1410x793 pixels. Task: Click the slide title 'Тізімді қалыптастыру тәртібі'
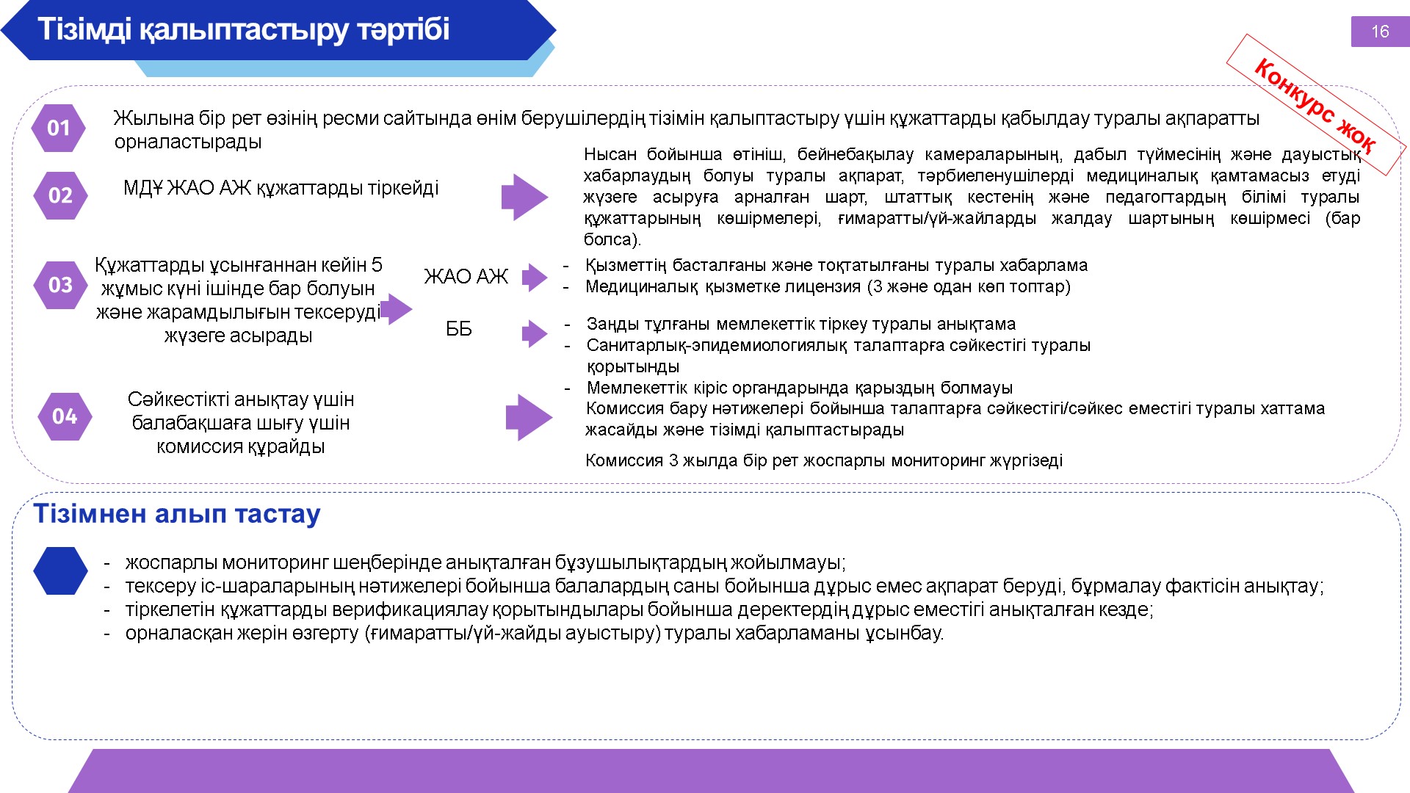[x=243, y=29]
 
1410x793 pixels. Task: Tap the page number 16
[x=1380, y=32]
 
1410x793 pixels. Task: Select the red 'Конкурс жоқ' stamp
[x=1315, y=104]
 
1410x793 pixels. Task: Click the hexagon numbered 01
[x=58, y=128]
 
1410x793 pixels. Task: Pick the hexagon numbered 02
[x=60, y=195]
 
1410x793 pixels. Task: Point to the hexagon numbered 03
[x=60, y=284]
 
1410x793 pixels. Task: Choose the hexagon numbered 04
[x=65, y=416]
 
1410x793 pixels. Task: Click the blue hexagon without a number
[x=60, y=571]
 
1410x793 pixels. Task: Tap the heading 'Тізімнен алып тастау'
[x=177, y=513]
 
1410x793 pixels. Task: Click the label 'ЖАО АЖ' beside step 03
[x=466, y=276]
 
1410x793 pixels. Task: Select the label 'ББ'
[x=459, y=329]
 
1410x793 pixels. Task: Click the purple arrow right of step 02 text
[x=525, y=197]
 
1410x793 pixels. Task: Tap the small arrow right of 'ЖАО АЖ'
[x=535, y=278]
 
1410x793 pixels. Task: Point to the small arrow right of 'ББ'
[x=535, y=333]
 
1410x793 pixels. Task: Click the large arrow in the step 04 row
[x=529, y=417]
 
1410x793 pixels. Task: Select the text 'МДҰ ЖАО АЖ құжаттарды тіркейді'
[x=281, y=188]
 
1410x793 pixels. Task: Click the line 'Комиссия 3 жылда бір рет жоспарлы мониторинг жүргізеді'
[x=824, y=460]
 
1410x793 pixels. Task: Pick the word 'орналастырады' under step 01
[x=188, y=142]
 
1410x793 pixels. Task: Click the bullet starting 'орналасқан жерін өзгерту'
[x=535, y=633]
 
